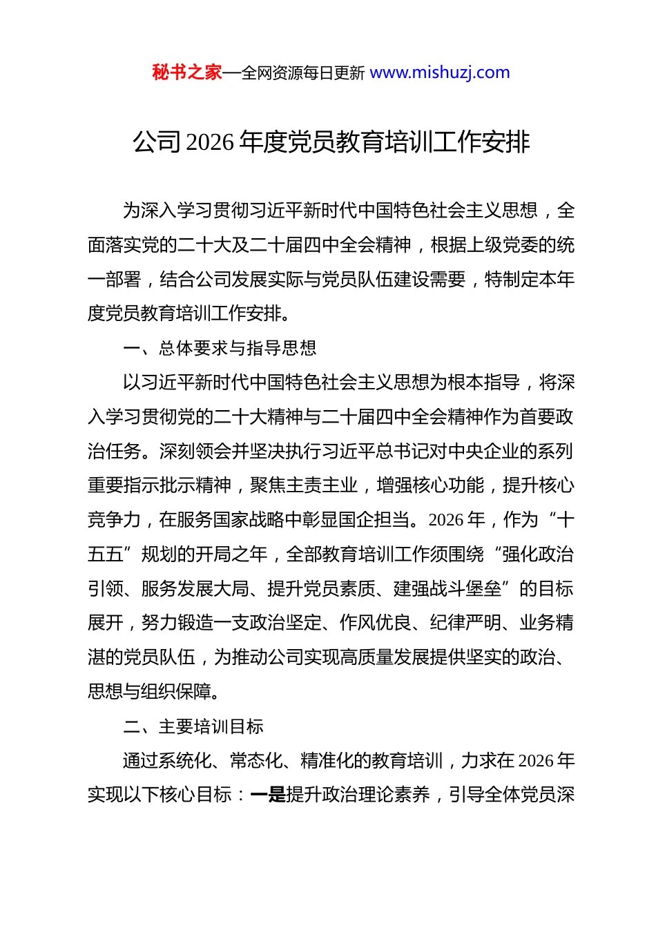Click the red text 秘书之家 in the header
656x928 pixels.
tap(187, 72)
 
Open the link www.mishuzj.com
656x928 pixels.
tap(440, 72)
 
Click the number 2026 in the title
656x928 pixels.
tap(211, 142)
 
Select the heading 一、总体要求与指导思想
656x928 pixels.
tap(220, 348)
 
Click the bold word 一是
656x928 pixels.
tap(268, 795)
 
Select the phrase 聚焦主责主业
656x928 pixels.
tap(304, 485)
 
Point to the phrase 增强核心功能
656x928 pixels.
tap(430, 485)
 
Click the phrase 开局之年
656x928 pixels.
tap(231, 554)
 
